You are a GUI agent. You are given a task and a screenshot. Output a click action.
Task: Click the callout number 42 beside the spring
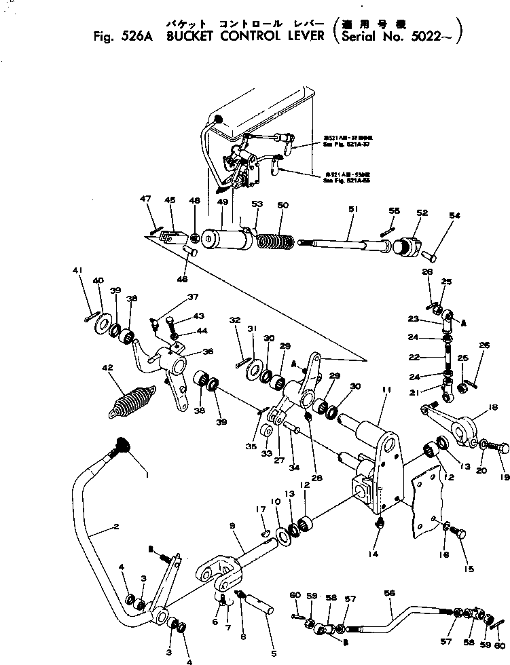[106, 369]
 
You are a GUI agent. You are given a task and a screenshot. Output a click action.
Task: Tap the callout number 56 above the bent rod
[389, 592]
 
